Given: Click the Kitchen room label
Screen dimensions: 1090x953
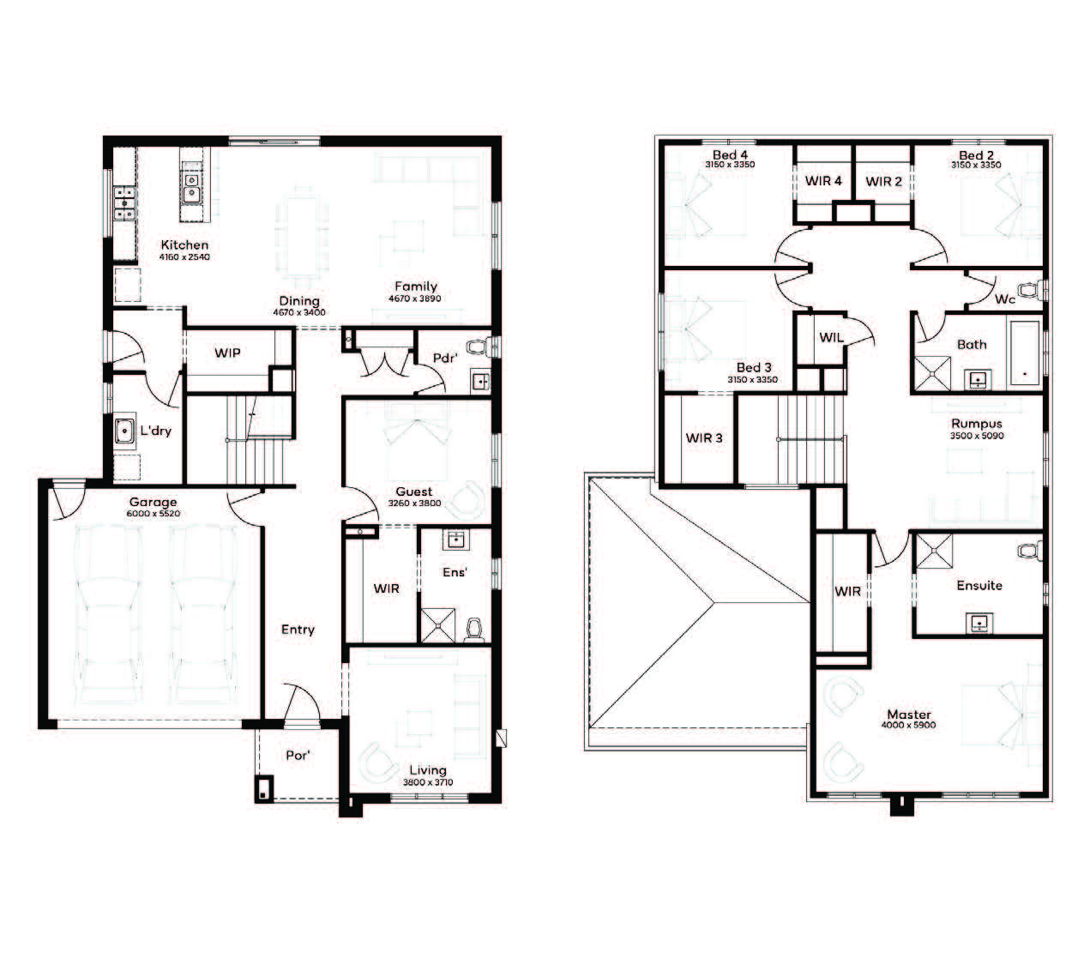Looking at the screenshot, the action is pyautogui.click(x=184, y=245).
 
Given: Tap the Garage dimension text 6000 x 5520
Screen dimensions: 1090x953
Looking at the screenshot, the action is pyautogui.click(x=154, y=514).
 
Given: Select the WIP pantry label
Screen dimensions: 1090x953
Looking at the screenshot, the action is pyautogui.click(x=227, y=353).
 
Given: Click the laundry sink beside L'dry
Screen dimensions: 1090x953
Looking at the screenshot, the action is pyautogui.click(x=124, y=431).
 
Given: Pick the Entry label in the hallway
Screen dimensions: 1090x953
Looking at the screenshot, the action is pyautogui.click(x=298, y=630).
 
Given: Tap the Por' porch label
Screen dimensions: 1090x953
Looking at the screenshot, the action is pyautogui.click(x=298, y=755).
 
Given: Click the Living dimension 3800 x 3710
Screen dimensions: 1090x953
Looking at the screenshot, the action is pyautogui.click(x=428, y=782).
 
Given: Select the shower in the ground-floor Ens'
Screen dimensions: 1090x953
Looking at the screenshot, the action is pyautogui.click(x=438, y=624).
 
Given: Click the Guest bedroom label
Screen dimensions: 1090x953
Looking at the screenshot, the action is pyautogui.click(x=414, y=492).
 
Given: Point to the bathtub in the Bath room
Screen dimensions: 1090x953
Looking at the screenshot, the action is pyautogui.click(x=1025, y=354).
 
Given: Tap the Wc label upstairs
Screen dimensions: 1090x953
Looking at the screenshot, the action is pyautogui.click(x=1005, y=299).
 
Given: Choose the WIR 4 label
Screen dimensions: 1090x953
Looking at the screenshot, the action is pyautogui.click(x=823, y=181).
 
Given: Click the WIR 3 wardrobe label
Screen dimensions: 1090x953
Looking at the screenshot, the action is pyautogui.click(x=704, y=437).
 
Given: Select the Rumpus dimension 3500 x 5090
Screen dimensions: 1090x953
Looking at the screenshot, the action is pyautogui.click(x=977, y=436).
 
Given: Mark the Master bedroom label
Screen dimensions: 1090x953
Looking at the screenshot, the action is pyautogui.click(x=909, y=715).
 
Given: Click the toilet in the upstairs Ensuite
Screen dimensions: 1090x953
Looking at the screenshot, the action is pyautogui.click(x=1030, y=551).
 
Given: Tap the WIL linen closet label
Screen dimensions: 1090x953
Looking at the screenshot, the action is pyautogui.click(x=831, y=337).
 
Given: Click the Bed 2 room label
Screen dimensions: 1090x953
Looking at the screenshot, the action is pyautogui.click(x=976, y=155).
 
